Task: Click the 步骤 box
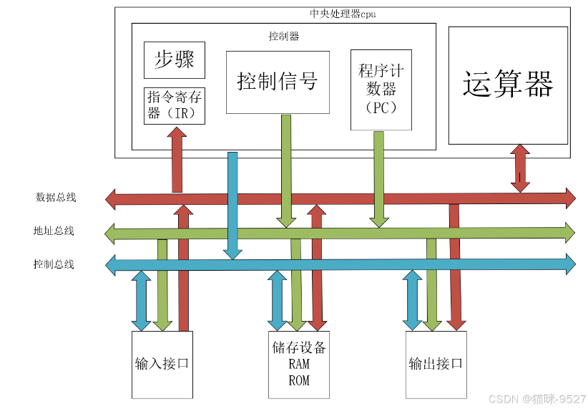tap(175, 60)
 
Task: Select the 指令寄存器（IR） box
tap(175, 105)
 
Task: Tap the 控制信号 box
tap(278, 82)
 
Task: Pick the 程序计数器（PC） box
tap(381, 90)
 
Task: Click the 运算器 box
tap(508, 85)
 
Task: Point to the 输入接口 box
tap(162, 364)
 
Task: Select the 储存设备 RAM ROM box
tap(299, 364)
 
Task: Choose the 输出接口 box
tap(436, 364)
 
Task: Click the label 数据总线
tap(56, 198)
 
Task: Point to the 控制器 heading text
tap(283, 36)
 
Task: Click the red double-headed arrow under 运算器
tap(520, 168)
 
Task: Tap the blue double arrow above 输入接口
tap(142, 301)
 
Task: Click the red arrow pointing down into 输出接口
tap(454, 272)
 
